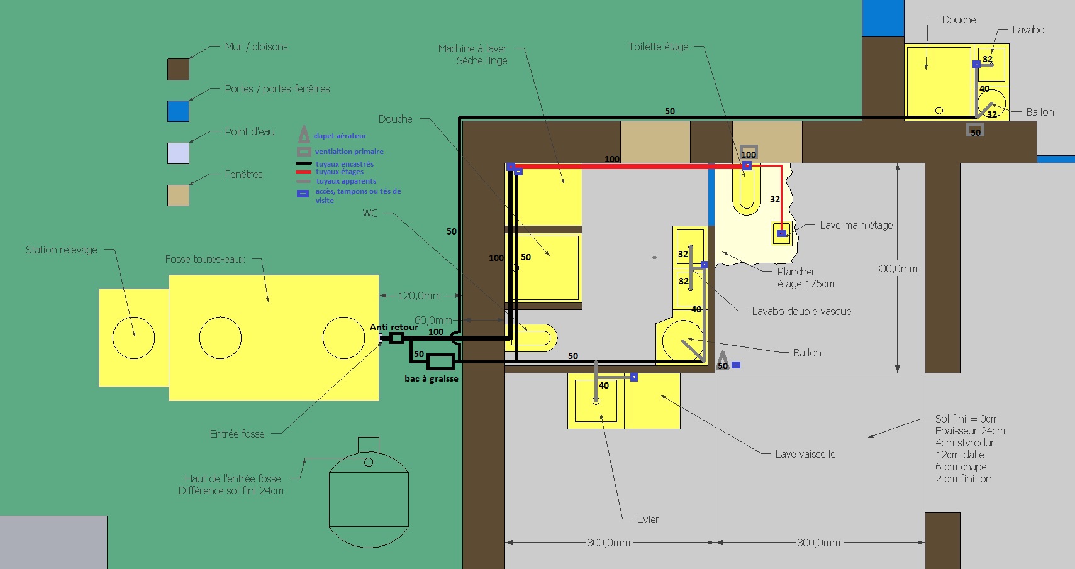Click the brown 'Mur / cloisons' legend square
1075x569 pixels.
178,69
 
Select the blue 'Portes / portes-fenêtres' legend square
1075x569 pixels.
178,111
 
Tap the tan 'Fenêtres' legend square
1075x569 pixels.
178,196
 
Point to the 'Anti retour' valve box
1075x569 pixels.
396,338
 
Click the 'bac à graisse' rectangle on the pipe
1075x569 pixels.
440,362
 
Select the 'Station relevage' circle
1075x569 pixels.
134,338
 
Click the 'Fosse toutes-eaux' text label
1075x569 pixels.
205,260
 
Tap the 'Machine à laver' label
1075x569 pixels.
472,48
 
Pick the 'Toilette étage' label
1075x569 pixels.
658,47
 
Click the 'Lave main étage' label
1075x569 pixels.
856,225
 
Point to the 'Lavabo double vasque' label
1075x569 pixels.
801,311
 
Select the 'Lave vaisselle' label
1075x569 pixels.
805,454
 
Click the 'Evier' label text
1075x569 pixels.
648,519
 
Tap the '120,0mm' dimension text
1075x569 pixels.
420,296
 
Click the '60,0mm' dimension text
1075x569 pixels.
433,320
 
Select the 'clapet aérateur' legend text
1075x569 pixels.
340,136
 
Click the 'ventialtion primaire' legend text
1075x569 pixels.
349,152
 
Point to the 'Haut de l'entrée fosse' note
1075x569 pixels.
233,478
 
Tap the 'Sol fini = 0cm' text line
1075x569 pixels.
967,419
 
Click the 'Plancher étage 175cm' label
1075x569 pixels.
806,278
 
